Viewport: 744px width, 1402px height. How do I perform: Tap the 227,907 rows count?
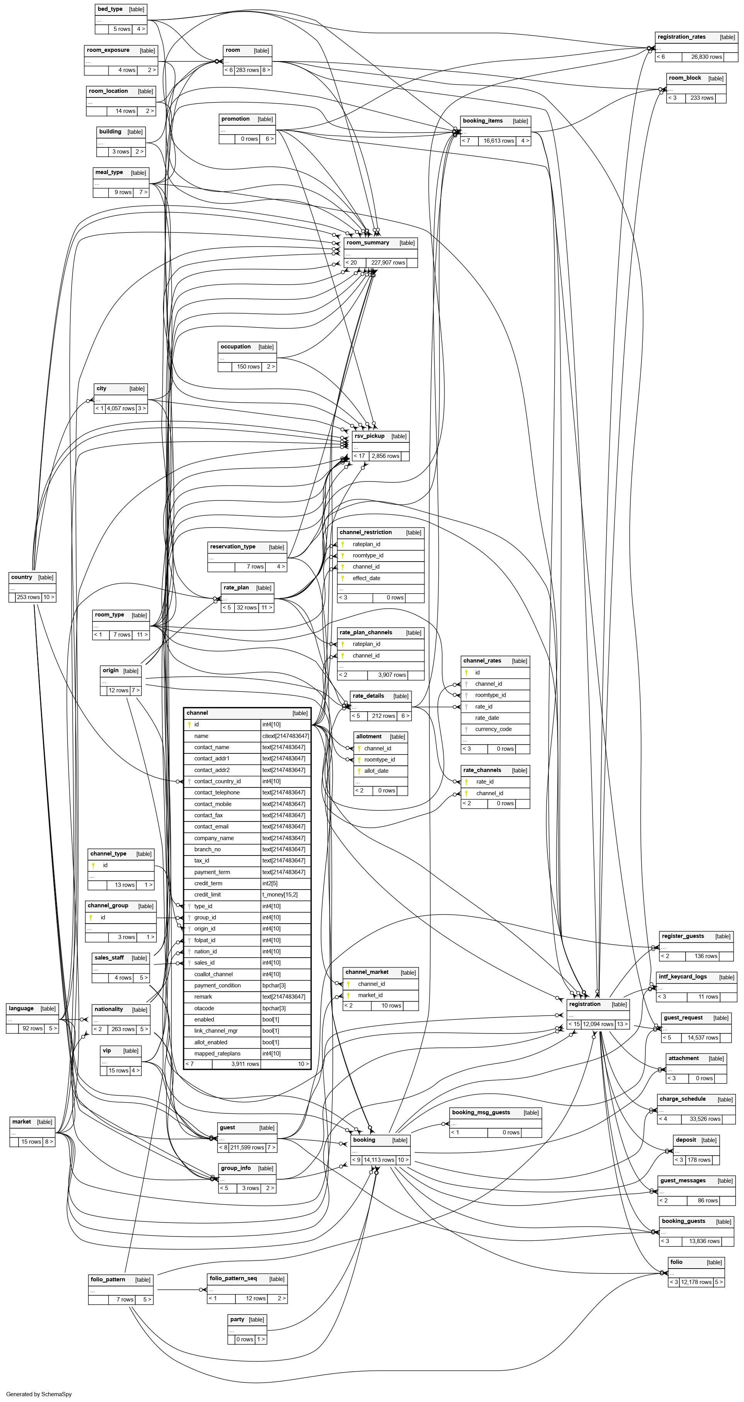[x=388, y=262]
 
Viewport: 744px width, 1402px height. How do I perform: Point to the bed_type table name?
[x=110, y=9]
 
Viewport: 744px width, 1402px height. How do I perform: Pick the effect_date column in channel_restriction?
[x=366, y=578]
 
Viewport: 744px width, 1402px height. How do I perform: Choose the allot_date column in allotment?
[x=376, y=771]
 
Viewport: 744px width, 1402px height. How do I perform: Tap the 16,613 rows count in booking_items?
[x=498, y=140]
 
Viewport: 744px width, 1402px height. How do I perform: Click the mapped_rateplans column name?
[x=217, y=1054]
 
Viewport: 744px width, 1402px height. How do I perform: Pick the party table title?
[x=237, y=1319]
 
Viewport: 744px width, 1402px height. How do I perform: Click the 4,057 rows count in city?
[x=120, y=408]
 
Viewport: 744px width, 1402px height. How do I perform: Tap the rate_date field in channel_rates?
[x=487, y=718]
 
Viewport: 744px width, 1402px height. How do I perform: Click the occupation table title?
[x=235, y=347]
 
